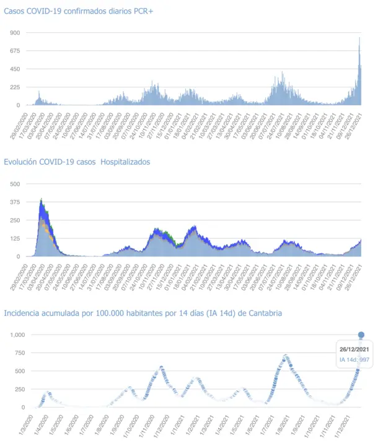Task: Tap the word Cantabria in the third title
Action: pos(263,313)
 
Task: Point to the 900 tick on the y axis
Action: pos(14,32)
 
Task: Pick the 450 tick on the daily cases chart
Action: pos(14,69)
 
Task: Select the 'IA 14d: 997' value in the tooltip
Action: pos(354,360)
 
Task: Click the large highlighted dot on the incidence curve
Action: pos(361,335)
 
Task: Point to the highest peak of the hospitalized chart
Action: pos(41,199)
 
